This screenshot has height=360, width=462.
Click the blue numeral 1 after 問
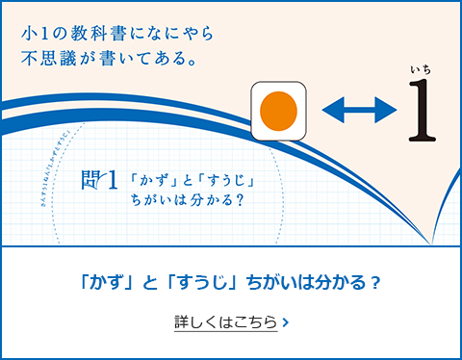point(115,180)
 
